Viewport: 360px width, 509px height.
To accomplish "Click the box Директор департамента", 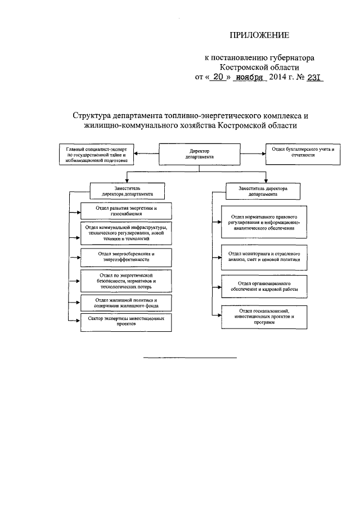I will click(196, 154).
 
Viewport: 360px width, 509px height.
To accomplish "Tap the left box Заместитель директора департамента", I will click(126, 189).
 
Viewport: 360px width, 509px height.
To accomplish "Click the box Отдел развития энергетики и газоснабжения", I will click(125, 211).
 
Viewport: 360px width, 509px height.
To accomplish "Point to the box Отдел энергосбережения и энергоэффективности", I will click(125, 256).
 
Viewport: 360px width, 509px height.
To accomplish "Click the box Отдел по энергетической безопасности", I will click(125, 281).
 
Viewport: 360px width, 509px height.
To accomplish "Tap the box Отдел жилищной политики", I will click(125, 303).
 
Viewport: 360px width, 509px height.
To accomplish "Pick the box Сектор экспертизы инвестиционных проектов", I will click(125, 321).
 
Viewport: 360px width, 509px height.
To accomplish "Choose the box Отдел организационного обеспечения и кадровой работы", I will click(263, 286).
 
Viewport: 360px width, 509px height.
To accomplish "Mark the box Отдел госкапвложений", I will click(263, 317).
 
